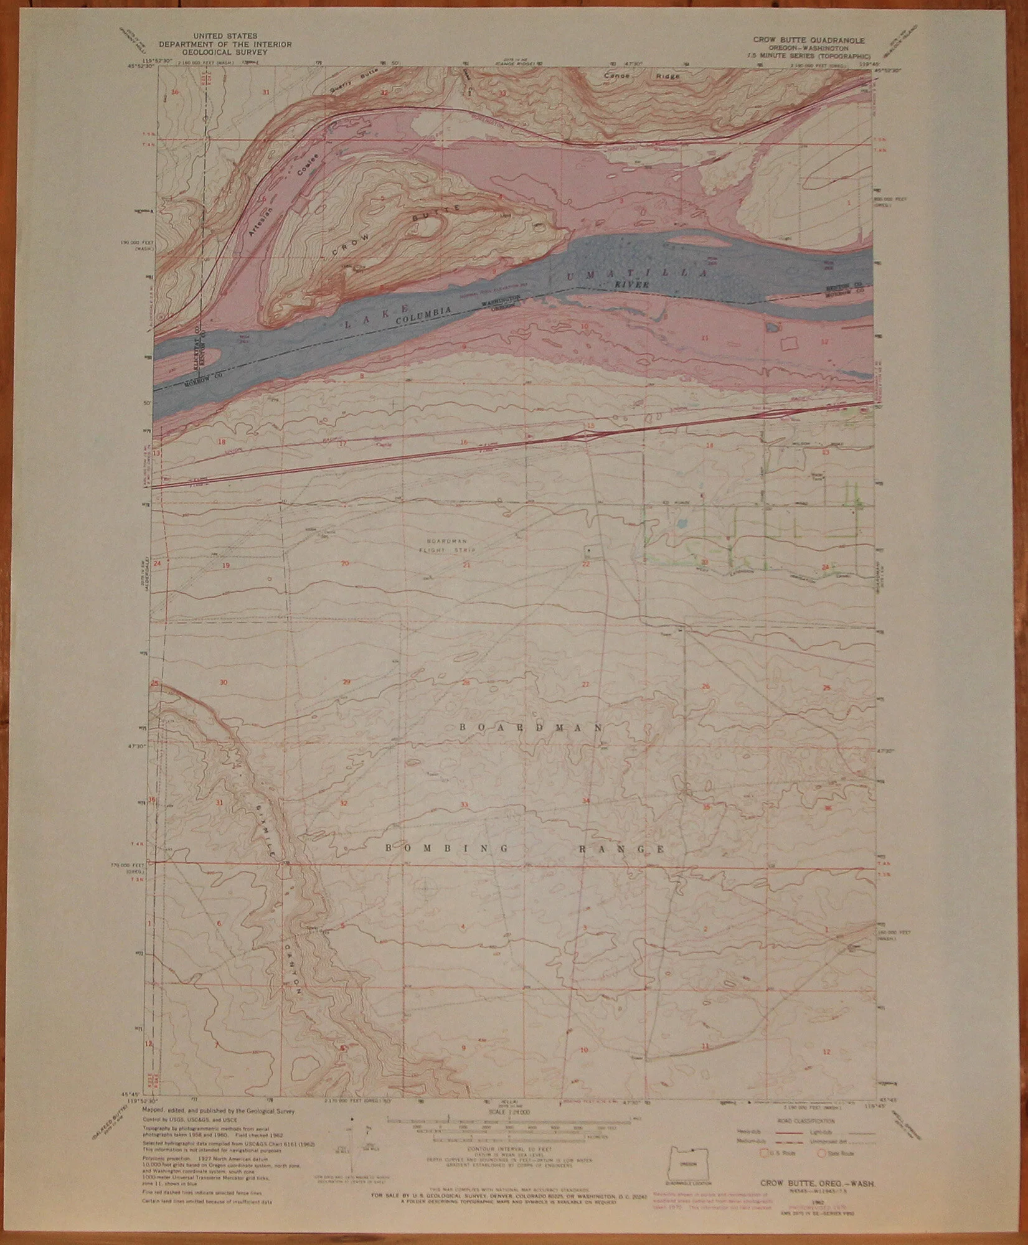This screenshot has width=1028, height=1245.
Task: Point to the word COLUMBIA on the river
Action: tap(430, 311)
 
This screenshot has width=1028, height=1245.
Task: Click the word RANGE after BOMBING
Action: tap(623, 849)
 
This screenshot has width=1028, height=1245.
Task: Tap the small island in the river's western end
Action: tap(203, 357)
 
